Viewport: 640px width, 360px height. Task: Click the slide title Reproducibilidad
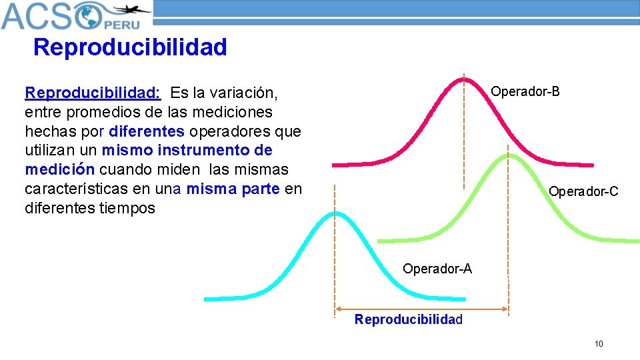[x=130, y=47]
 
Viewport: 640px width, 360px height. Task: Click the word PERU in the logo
[x=121, y=23]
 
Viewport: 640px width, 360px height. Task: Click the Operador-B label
[x=525, y=91]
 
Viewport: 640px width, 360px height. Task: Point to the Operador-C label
[x=583, y=192]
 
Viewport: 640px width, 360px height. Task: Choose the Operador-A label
[x=437, y=269]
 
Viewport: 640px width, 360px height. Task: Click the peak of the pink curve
[x=464, y=79]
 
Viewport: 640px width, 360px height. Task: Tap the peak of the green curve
[x=508, y=155]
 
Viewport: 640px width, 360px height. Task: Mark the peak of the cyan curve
[x=335, y=214]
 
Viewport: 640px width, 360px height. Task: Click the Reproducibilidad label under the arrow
[x=408, y=319]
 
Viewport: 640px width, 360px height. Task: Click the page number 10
[x=599, y=344]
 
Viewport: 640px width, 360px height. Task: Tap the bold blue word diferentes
[x=146, y=130]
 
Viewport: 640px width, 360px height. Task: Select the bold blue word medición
[x=60, y=169]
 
